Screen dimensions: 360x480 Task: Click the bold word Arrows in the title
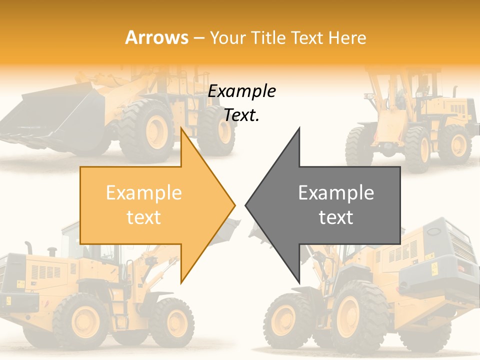[156, 37]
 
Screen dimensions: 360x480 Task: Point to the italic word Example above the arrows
[241, 91]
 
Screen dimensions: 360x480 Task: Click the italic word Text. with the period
[241, 115]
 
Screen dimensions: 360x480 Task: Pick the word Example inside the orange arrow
[143, 193]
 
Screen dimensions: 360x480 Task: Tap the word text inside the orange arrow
[143, 217]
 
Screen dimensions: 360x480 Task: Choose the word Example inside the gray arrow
[336, 193]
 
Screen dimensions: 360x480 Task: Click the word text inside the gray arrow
[336, 217]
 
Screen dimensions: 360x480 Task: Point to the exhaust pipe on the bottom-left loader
[29, 247]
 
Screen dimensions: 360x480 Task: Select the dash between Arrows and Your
[198, 38]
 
